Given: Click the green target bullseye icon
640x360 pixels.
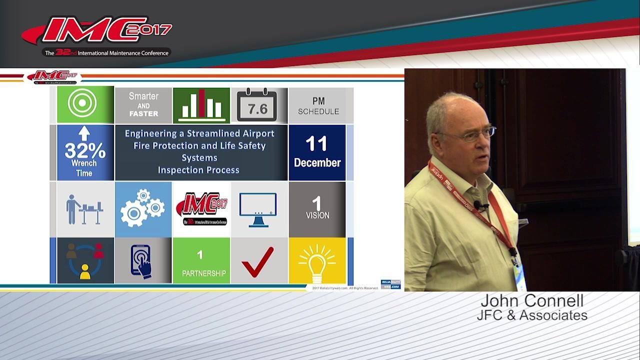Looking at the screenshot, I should click(82, 104).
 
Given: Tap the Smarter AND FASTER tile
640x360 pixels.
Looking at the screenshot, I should click(143, 104).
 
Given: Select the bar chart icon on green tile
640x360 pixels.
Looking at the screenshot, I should click(201, 105).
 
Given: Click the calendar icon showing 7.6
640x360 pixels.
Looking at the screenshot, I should click(257, 105).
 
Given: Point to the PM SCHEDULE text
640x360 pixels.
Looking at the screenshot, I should click(318, 106).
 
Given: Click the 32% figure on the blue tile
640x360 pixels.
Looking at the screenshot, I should click(84, 150).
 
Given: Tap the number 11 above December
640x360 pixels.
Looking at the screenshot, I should click(316, 144).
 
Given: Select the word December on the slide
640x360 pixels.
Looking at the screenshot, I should click(317, 162).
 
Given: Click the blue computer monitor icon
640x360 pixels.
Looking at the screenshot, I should click(257, 209).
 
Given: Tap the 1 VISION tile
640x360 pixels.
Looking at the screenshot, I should click(317, 208).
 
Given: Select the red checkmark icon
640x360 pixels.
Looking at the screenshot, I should click(257, 261).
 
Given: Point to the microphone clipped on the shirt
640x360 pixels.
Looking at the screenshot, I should click(478, 205).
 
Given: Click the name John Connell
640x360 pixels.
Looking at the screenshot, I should click(532, 301).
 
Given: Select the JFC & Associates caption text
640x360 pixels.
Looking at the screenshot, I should click(532, 315).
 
